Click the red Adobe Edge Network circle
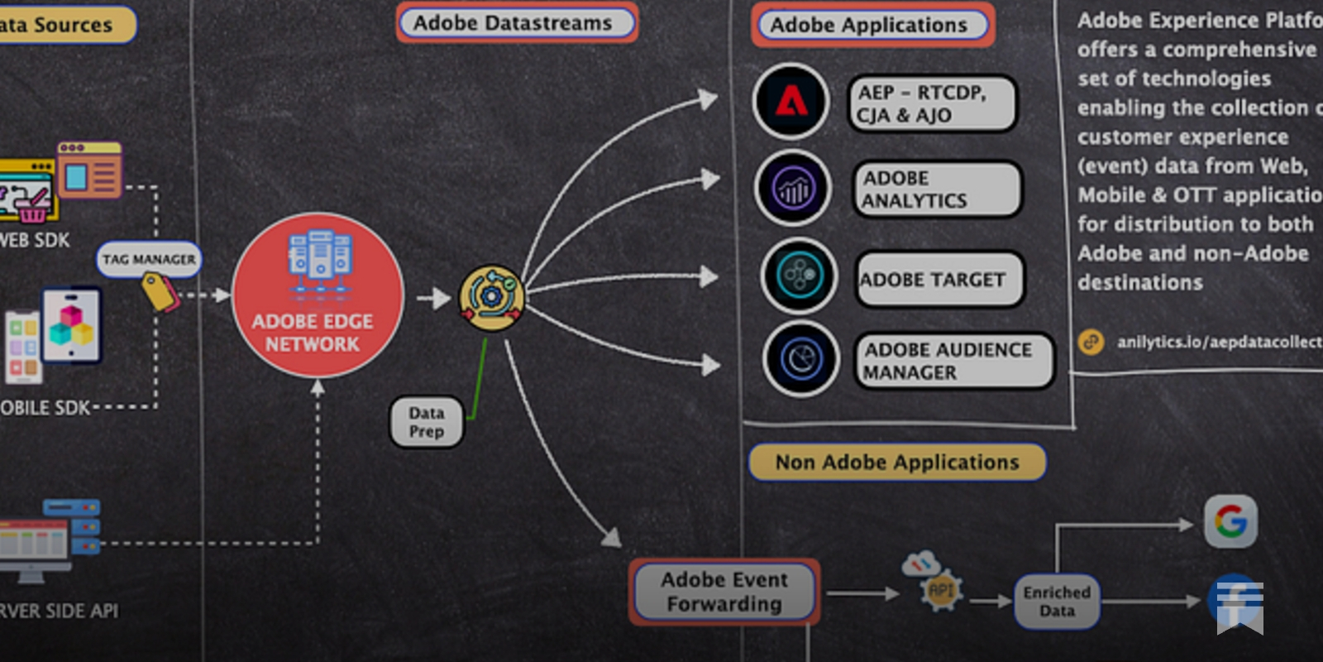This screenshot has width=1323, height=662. tap(318, 295)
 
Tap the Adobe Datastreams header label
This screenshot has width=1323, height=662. tap(517, 23)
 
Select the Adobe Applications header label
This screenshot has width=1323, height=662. tap(872, 25)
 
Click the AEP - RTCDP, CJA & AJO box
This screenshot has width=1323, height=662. tap(932, 104)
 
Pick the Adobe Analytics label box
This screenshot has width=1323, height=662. tap(937, 189)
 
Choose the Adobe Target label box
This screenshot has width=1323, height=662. tap(939, 280)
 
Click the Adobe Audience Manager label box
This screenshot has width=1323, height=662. tap(953, 361)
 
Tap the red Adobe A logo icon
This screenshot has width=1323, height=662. tap(790, 101)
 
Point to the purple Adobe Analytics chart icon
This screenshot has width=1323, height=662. tap(793, 189)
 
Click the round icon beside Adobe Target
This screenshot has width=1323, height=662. tap(799, 276)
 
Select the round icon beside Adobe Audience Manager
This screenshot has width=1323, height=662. tap(800, 360)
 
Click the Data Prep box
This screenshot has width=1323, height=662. tap(427, 422)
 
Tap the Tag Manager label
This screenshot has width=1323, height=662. tap(149, 259)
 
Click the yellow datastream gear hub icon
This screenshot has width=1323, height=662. tap(491, 297)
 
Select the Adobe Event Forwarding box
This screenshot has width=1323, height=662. tap(724, 592)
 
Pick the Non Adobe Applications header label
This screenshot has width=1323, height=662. tap(897, 462)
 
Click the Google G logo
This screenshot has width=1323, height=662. tap(1230, 521)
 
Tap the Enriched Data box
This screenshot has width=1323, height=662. tap(1057, 602)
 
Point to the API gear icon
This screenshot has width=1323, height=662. tap(941, 590)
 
